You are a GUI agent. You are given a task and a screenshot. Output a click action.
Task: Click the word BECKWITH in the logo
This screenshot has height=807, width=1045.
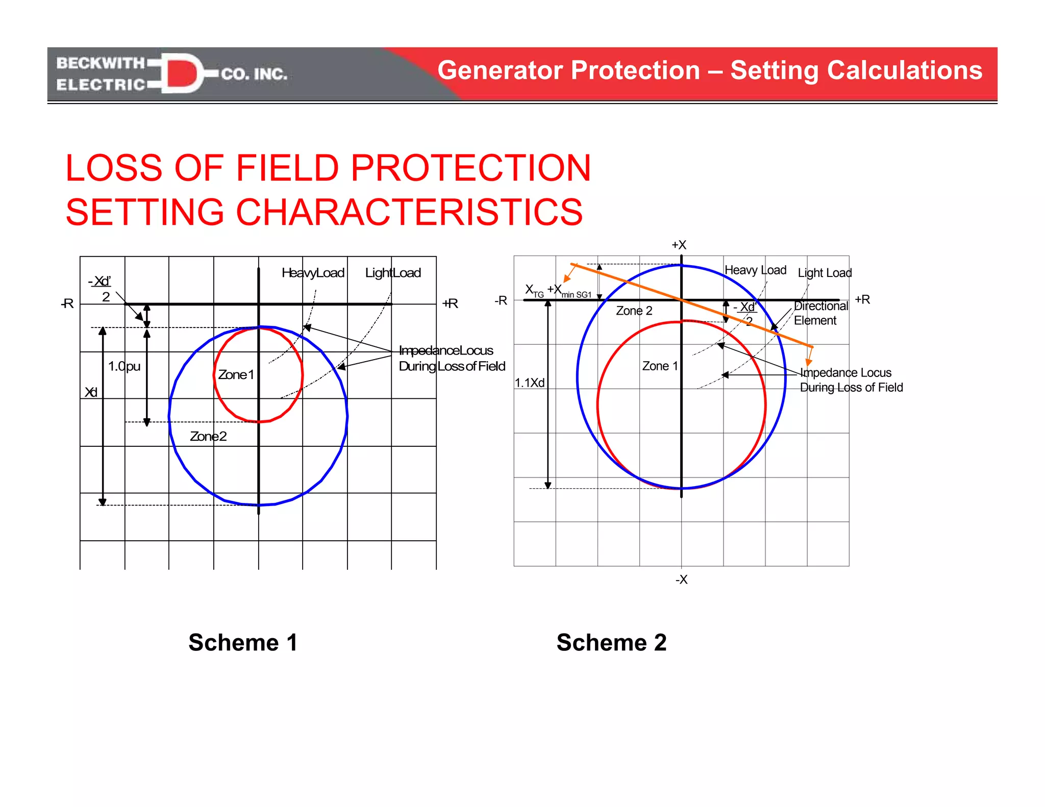click(x=101, y=63)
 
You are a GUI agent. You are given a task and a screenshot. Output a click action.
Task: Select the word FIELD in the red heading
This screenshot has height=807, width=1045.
click(x=287, y=168)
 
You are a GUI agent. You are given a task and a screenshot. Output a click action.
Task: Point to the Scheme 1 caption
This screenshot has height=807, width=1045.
click(x=243, y=642)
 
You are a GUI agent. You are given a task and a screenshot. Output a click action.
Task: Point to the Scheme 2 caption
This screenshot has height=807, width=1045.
click(x=611, y=642)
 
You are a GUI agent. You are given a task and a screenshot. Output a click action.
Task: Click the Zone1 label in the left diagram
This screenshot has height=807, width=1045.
click(x=236, y=375)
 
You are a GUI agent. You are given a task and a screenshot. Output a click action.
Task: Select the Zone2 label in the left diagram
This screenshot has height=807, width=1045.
click(x=208, y=436)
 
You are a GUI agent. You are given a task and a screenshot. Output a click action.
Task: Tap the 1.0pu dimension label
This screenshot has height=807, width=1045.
click(x=124, y=366)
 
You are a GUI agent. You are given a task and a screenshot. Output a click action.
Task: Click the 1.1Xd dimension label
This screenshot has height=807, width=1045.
click(x=530, y=383)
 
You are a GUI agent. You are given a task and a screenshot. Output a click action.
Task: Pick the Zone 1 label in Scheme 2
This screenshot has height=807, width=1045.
click(x=660, y=366)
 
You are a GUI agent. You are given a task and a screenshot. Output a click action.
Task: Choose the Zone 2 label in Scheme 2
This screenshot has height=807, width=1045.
click(x=634, y=311)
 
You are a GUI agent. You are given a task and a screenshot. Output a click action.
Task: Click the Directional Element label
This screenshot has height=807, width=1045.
click(x=820, y=313)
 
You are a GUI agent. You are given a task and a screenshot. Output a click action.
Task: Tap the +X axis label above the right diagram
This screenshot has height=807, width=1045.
click(x=679, y=245)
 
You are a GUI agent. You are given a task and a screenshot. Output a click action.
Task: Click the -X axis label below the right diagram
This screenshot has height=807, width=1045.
click(x=681, y=579)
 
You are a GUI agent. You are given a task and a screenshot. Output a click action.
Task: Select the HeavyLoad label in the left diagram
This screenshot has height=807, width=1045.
click(x=313, y=273)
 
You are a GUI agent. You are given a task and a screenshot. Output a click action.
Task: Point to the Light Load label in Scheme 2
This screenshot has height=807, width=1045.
click(x=825, y=273)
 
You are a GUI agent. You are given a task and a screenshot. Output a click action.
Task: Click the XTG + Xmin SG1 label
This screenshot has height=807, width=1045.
click(x=558, y=291)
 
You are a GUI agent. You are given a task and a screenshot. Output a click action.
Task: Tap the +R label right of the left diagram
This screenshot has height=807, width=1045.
click(x=450, y=304)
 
